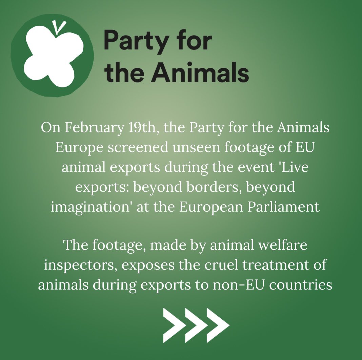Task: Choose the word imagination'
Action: [91, 206]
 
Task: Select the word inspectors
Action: [75, 265]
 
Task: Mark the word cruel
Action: [218, 265]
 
